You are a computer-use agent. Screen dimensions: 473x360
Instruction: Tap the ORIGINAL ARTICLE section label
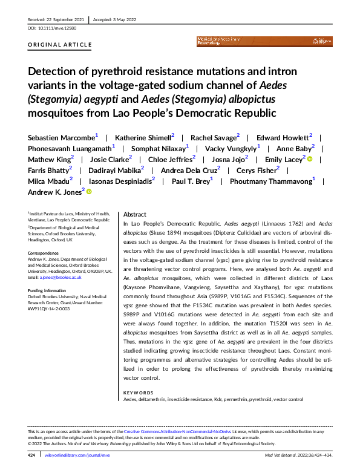(60, 45)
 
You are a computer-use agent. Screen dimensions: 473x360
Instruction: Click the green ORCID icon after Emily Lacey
(310, 160)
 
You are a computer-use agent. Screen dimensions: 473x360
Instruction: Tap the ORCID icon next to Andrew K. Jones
(89, 192)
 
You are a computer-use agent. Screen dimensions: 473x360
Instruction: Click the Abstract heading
(135, 215)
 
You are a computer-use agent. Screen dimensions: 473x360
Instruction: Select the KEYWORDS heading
(139, 393)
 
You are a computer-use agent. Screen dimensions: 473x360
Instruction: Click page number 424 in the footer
(33, 454)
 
